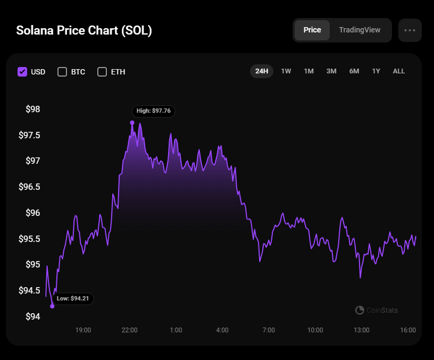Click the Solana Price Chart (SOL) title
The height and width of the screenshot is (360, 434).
pos(84,30)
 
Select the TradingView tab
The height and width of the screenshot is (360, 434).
pos(360,30)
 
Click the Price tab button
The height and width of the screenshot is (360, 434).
pos(312,30)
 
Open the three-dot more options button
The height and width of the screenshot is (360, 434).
pos(410,30)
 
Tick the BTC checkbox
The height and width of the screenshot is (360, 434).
pos(62,72)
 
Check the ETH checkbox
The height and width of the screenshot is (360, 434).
pos(102,72)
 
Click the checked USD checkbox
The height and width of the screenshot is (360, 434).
pos(22,72)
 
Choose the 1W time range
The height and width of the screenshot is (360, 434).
pos(286,71)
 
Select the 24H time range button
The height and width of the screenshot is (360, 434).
pos(262,71)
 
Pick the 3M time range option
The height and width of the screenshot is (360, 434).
pos(331,71)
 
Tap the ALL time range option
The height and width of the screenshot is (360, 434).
pos(399,71)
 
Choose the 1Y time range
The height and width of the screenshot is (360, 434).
pos(376,71)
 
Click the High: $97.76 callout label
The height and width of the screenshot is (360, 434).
pos(154,111)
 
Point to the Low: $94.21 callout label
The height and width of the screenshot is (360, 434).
pos(73,298)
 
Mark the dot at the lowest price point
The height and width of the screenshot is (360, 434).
pos(52,306)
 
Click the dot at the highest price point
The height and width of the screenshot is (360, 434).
pos(132,123)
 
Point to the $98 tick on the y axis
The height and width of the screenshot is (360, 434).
pos(32,110)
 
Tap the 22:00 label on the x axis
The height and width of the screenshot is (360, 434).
pos(129,330)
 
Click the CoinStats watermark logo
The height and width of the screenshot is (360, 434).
pos(360,310)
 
